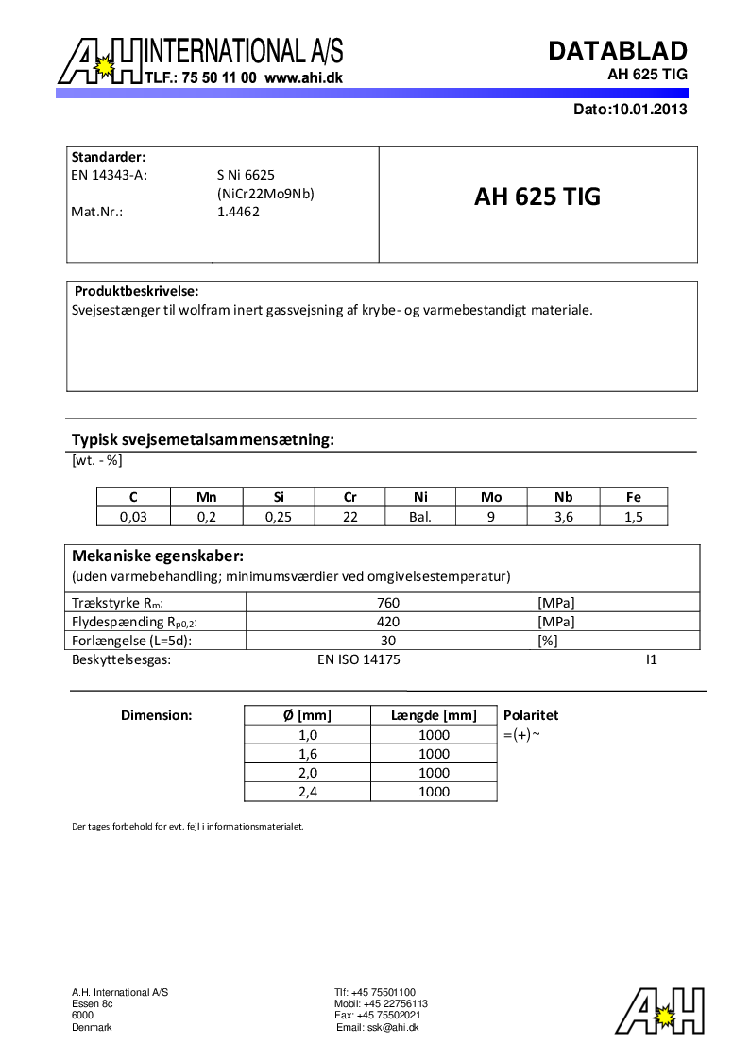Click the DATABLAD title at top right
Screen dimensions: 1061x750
[618, 50]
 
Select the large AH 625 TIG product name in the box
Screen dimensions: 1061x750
[537, 197]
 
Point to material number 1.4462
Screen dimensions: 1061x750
[238, 212]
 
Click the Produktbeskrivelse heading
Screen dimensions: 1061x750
[136, 291]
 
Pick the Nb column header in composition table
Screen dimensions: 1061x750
[563, 497]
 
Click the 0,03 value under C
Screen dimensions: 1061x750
[133, 516]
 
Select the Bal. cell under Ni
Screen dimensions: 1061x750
[419, 516]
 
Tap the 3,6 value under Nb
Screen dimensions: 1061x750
[563, 516]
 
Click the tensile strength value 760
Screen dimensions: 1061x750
[388, 603]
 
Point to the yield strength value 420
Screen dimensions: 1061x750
[388, 622]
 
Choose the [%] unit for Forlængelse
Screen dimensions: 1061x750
[547, 641]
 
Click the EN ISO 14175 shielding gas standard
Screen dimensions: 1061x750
[359, 659]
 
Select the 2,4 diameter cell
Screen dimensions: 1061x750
[307, 792]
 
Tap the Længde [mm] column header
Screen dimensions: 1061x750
[434, 715]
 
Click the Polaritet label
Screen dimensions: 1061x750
[531, 715]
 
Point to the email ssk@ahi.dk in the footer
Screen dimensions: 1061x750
[378, 1027]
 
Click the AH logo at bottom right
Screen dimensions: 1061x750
[660, 1010]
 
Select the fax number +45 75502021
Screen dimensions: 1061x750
[378, 1015]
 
